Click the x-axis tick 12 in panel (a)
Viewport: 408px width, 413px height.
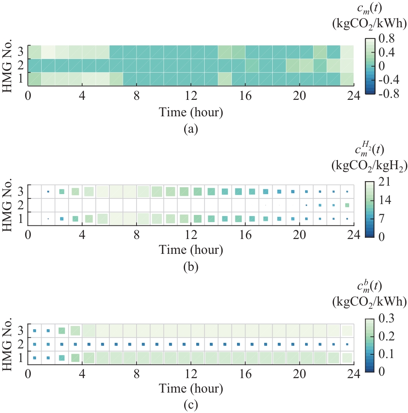(x=191, y=96)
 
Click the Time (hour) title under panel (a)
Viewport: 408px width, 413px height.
(x=191, y=112)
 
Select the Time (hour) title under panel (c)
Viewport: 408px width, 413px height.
(x=191, y=388)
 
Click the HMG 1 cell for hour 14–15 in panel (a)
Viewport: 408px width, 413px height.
(x=225, y=79)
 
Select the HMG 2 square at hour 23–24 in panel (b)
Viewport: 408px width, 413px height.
(x=347, y=205)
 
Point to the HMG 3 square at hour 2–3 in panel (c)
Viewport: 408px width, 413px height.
(x=62, y=331)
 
